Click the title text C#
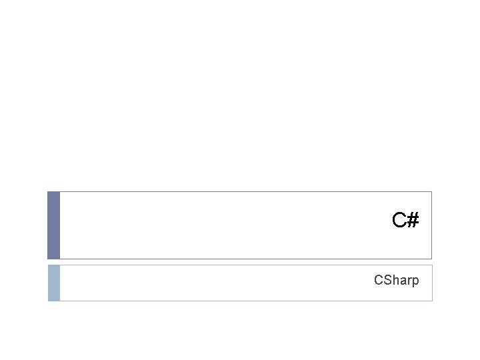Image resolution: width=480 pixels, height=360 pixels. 405,219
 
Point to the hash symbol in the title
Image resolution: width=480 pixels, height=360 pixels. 413,219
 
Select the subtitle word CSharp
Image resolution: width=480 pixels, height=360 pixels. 397,281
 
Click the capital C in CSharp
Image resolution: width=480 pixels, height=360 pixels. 378,280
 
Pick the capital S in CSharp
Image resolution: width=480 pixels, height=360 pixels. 387,280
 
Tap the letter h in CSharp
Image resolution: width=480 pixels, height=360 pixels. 395,280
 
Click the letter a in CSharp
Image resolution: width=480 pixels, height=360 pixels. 402,281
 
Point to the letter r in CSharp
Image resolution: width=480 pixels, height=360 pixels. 408,281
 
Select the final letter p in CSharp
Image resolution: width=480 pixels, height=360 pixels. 415,282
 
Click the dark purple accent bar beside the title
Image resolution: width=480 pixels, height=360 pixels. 53,225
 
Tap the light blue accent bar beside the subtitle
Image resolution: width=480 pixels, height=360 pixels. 53,283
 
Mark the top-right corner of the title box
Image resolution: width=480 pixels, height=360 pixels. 431,192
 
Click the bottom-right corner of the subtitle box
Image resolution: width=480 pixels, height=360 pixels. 432,301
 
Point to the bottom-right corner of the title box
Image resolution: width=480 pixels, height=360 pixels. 431,259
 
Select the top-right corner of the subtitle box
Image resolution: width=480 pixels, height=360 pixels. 432,265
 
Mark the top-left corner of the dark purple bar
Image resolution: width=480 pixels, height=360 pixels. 47,192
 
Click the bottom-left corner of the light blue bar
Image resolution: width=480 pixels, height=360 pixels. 47,301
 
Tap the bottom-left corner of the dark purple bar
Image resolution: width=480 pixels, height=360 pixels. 47,259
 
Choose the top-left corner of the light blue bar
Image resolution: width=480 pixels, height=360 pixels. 47,265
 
